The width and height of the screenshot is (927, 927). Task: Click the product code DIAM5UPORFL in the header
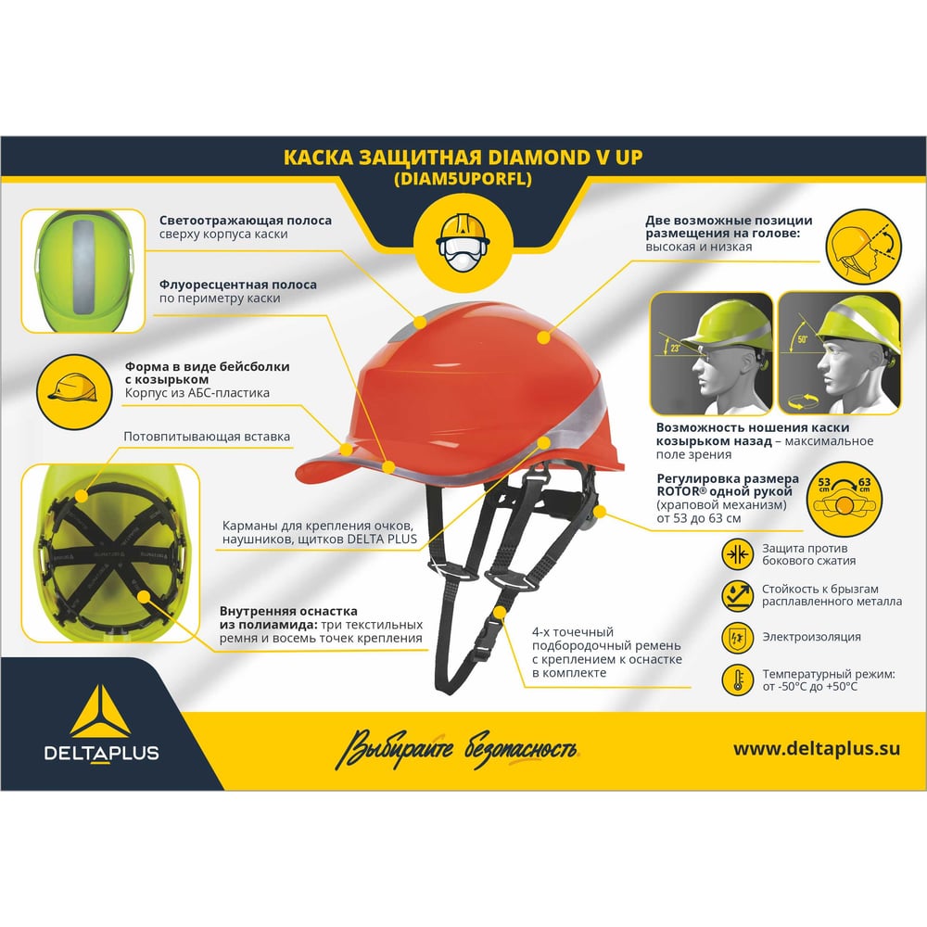tap(463, 179)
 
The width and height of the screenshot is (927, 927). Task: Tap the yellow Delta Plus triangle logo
tap(100, 711)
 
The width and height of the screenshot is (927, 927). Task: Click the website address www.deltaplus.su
tap(817, 748)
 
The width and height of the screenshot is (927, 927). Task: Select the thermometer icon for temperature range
tap(737, 679)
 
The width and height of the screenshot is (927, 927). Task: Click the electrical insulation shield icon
tap(737, 638)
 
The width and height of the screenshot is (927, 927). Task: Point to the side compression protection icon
tap(737, 554)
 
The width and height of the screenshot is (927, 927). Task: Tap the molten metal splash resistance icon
tap(737, 595)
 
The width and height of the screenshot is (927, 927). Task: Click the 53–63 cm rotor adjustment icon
tap(844, 498)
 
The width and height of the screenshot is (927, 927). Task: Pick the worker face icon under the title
tap(463, 243)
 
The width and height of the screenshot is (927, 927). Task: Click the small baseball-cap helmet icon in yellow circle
tap(74, 391)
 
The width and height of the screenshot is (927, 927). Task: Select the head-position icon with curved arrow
tap(864, 247)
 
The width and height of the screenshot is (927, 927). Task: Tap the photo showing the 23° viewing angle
tap(711, 353)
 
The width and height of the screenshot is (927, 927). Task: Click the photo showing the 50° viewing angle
tap(840, 353)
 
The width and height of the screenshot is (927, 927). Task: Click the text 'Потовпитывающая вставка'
tap(207, 437)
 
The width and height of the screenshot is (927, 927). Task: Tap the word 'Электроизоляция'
tap(811, 637)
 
